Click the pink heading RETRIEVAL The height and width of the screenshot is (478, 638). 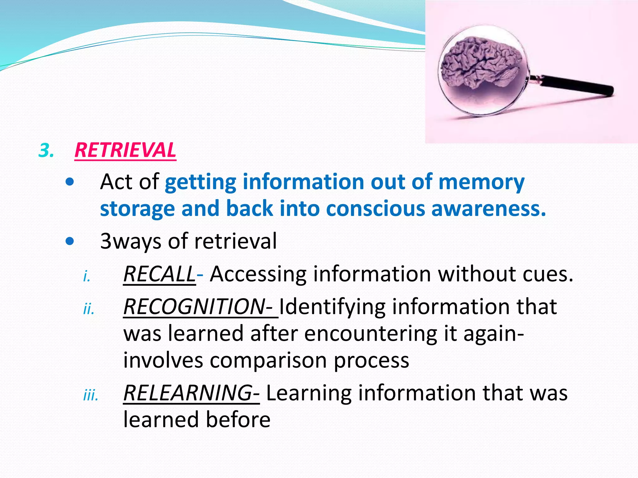click(125, 150)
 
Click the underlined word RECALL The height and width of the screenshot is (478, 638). click(159, 274)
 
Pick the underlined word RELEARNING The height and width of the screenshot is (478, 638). click(188, 393)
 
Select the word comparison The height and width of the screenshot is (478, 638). click(268, 361)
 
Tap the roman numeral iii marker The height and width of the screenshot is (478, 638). click(91, 396)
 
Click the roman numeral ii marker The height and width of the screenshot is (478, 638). click(89, 309)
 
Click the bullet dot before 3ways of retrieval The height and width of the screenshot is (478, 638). click(70, 241)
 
